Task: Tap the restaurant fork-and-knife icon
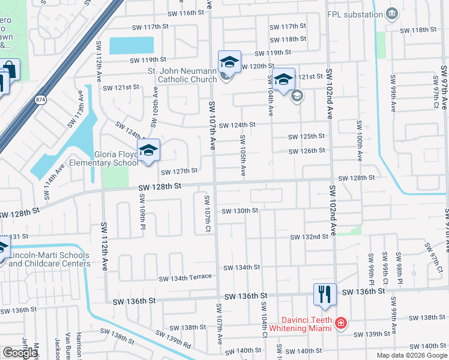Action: (x=323, y=294)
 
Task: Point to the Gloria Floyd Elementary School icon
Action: (x=148, y=151)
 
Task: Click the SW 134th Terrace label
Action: (x=185, y=277)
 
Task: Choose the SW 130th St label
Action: (x=240, y=211)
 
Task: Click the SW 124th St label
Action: (x=237, y=125)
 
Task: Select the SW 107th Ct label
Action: (x=207, y=213)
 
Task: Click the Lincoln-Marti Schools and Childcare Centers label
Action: (x=49, y=259)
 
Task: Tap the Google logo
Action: (x=20, y=353)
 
